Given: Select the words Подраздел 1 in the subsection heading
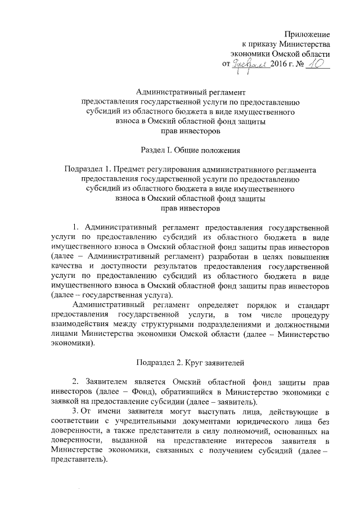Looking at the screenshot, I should click(x=88, y=169).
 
